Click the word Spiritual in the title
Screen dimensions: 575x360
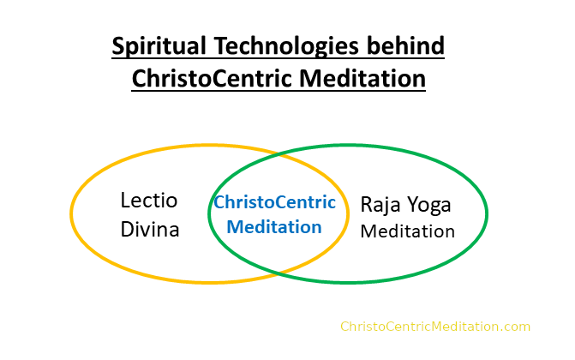159,47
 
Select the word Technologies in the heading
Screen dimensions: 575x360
286,47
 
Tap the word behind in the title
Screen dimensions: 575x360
405,45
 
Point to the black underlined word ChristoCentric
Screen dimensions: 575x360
213,79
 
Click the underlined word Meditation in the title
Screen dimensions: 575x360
362,79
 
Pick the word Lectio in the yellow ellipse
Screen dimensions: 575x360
149,201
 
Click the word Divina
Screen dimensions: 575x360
150,230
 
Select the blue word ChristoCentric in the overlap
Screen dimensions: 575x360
275,202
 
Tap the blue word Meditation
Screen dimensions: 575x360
274,226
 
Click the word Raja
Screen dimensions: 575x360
380,205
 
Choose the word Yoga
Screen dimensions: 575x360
429,205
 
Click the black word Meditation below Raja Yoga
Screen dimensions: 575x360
407,231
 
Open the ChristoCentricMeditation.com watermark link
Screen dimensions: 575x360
435,327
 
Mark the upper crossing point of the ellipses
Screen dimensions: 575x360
279,156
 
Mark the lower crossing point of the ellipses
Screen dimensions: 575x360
279,273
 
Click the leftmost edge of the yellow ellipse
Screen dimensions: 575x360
71,213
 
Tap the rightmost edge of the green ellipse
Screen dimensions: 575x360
487,213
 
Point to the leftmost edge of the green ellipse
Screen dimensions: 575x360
209,213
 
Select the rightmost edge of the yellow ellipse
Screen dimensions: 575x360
348,213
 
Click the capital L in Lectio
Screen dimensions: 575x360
125,201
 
